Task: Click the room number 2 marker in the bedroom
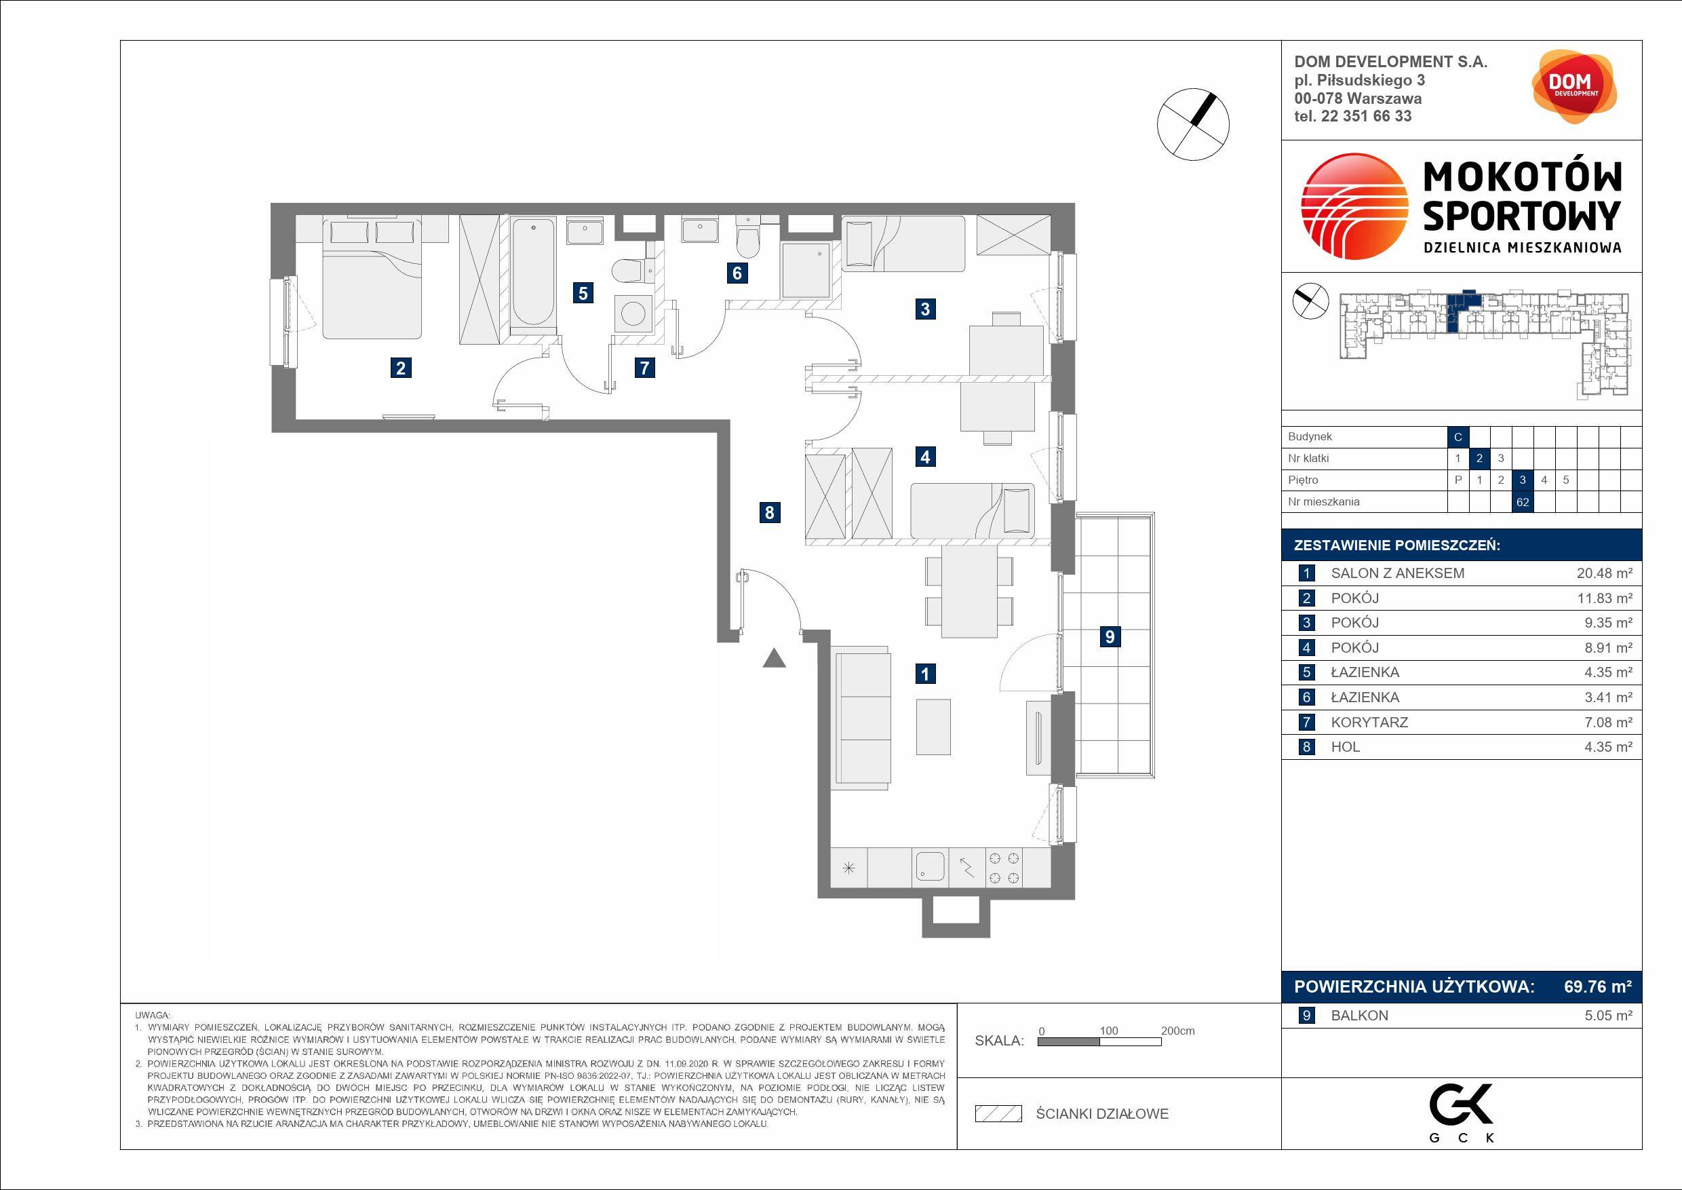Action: (x=400, y=367)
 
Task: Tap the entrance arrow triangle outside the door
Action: (x=775, y=658)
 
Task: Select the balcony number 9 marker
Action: (x=1109, y=636)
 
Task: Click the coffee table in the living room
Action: (x=933, y=727)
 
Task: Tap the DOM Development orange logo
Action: (x=1573, y=86)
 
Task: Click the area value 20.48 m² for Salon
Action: (x=1605, y=574)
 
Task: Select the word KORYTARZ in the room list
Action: (x=1369, y=723)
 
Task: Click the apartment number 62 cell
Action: (x=1523, y=502)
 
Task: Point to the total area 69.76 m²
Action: (x=1598, y=986)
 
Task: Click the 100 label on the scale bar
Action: (x=1108, y=1031)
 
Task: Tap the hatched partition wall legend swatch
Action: (x=998, y=1114)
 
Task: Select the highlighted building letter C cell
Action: (x=1458, y=437)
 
